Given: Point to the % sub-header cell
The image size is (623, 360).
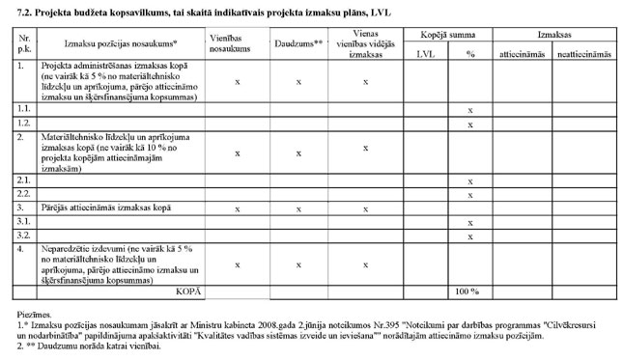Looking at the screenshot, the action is point(470,54).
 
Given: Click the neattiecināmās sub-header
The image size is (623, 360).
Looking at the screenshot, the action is point(583,54).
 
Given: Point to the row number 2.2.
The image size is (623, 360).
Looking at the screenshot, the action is point(22,195).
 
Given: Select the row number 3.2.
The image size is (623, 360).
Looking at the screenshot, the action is point(22,235).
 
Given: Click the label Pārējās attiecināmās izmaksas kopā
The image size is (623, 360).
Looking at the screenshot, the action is point(102,208).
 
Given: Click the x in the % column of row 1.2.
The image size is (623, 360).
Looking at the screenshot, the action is point(469,125).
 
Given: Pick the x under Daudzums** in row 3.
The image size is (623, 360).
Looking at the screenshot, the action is point(298,208).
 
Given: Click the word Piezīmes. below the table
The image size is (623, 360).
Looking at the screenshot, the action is point(30,316).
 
